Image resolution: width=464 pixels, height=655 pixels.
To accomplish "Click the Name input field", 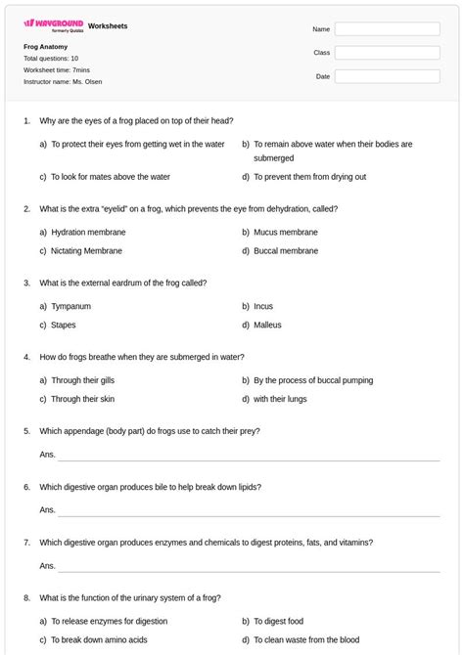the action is pyautogui.click(x=387, y=29).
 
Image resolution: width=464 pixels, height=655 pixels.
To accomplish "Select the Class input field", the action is pyautogui.click(x=387, y=53).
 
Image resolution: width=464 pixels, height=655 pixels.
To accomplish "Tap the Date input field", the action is pyautogui.click(x=387, y=76).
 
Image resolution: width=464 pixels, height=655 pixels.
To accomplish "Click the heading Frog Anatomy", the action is pyautogui.click(x=46, y=46).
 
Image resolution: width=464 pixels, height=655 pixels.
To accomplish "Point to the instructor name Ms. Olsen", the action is pyautogui.click(x=63, y=81).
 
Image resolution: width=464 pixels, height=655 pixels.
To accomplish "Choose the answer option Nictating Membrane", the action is pyautogui.click(x=86, y=250).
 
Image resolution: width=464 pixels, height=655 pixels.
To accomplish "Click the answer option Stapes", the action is pyautogui.click(x=63, y=325).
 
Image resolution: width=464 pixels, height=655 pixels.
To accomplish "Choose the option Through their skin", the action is pyautogui.click(x=82, y=399).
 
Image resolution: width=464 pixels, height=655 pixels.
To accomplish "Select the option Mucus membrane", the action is pyautogui.click(x=285, y=232).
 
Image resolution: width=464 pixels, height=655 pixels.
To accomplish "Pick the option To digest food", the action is pyautogui.click(x=278, y=621).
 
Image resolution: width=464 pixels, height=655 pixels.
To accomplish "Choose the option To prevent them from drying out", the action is pyautogui.click(x=309, y=176).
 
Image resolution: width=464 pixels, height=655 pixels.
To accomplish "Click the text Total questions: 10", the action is pyautogui.click(x=51, y=59).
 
